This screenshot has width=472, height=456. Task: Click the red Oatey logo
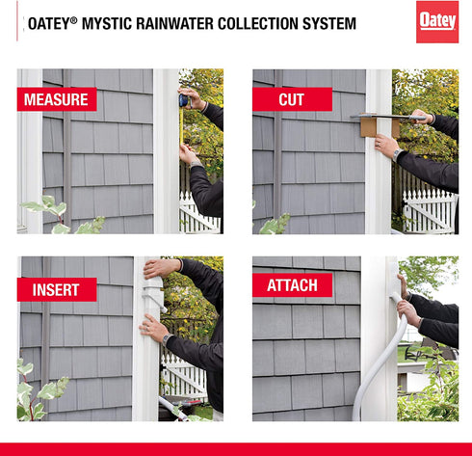pyautogui.click(x=436, y=22)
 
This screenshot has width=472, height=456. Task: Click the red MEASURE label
pyautogui.click(x=57, y=99)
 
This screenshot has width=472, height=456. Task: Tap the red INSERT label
pyautogui.click(x=57, y=288)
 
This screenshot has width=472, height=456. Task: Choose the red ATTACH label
pyautogui.click(x=293, y=284)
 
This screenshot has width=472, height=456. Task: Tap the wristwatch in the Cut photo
pyautogui.click(x=399, y=153)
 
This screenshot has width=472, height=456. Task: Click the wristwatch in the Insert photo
pyautogui.click(x=168, y=339)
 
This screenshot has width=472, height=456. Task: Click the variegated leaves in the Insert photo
pyautogui.click(x=39, y=390)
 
